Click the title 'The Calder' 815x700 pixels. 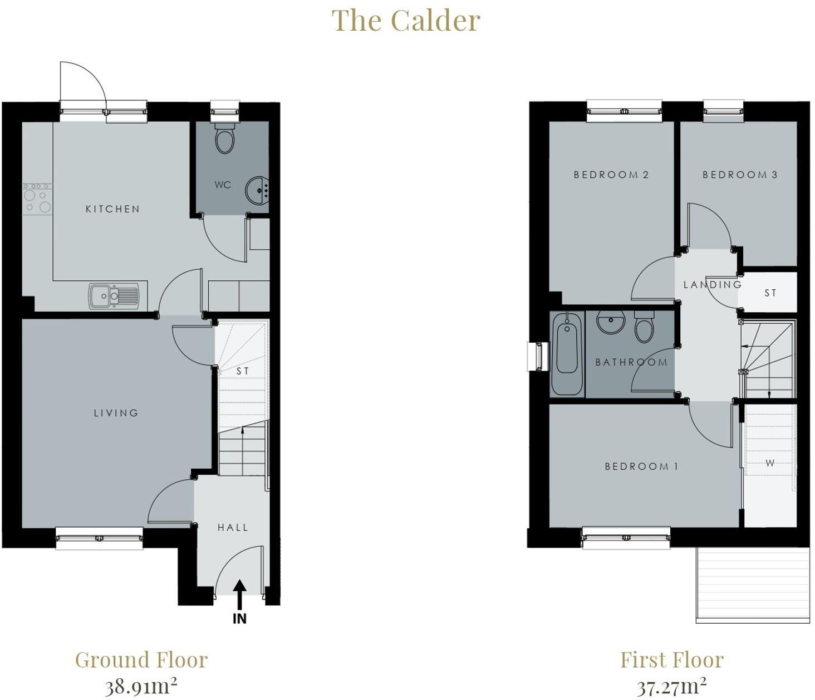tap(406, 21)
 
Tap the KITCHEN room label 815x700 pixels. tap(112, 209)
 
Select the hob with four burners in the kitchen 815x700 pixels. tap(37, 200)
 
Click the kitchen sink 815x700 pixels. tap(114, 296)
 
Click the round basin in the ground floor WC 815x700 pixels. tap(257, 190)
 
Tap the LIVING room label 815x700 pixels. tap(116, 413)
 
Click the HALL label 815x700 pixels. tap(233, 527)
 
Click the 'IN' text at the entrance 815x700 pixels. tap(239, 619)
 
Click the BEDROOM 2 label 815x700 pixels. tap(611, 175)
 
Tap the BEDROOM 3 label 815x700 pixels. tap(740, 175)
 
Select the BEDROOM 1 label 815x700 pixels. tap(641, 466)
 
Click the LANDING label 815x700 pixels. tap(713, 285)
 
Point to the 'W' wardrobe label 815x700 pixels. tap(770, 463)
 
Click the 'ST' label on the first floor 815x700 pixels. tap(770, 293)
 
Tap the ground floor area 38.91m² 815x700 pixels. tap(141, 686)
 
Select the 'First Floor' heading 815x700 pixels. tap(672, 660)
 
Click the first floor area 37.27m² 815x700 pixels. tap(672, 686)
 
